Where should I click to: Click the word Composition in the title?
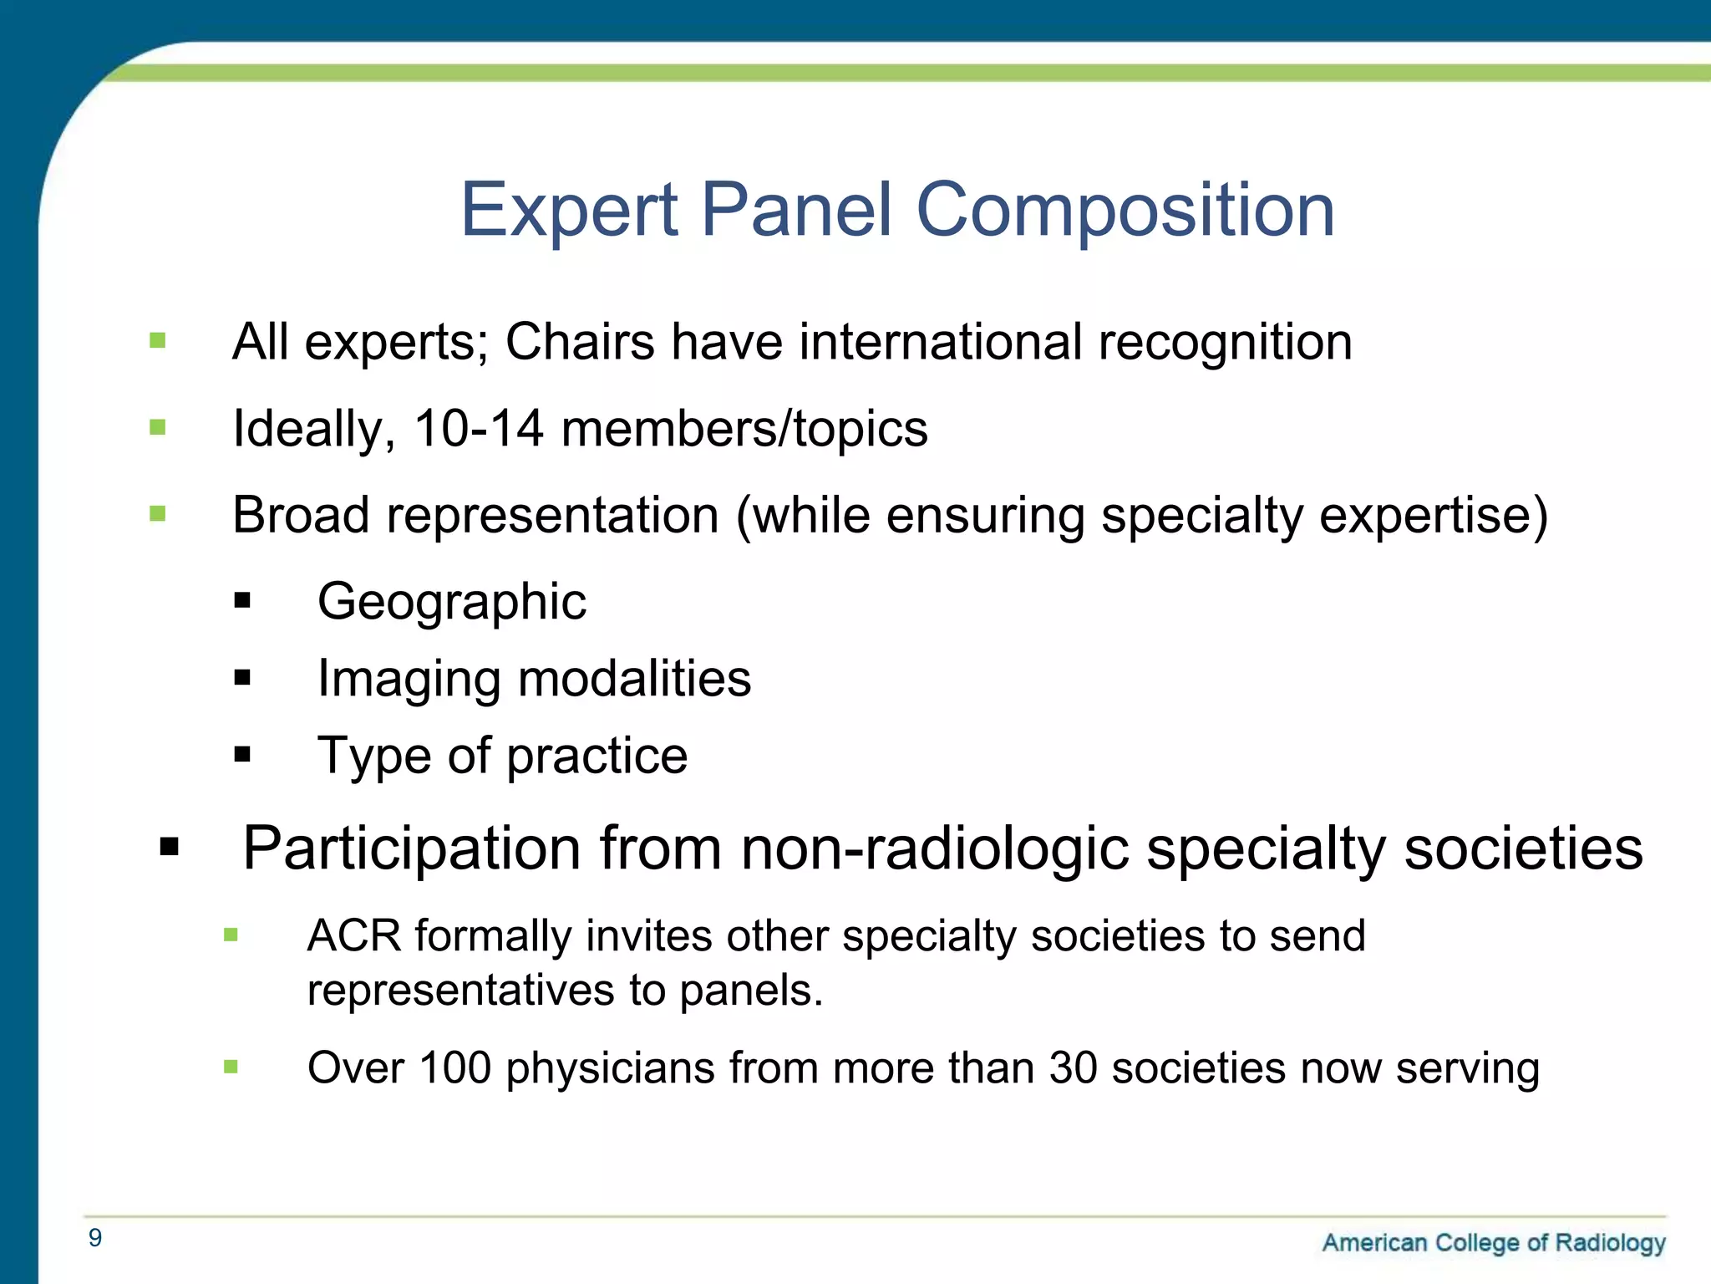[1125, 211]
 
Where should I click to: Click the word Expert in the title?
[569, 211]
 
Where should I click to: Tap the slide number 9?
[95, 1238]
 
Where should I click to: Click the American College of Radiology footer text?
[1493, 1243]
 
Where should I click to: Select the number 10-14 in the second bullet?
[479, 429]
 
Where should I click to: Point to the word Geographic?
[452, 602]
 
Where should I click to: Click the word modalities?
[634, 678]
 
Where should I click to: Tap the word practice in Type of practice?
[597, 756]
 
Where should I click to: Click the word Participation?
[411, 848]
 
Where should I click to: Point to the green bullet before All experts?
[157, 341]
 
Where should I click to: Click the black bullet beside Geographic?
[242, 600]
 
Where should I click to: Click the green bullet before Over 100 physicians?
[231, 1067]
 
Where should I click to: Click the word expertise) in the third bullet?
[1433, 515]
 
